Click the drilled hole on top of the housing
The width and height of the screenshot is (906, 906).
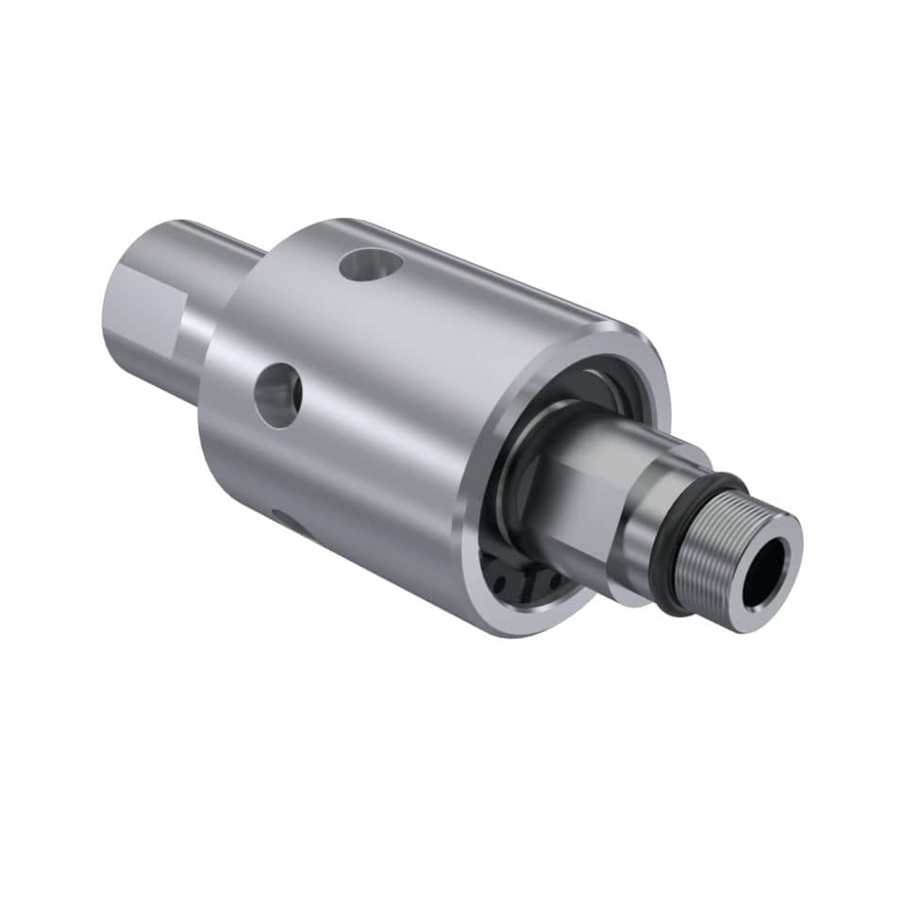[371, 264]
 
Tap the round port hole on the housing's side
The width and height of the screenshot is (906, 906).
[278, 395]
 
